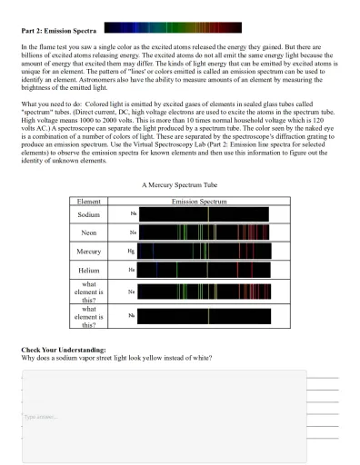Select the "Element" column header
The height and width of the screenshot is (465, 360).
(x=89, y=201)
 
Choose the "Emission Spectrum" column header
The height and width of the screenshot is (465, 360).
(x=199, y=201)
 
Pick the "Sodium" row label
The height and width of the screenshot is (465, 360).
(x=89, y=214)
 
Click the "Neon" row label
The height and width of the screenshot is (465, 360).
(x=89, y=233)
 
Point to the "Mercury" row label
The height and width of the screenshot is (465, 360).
(x=89, y=252)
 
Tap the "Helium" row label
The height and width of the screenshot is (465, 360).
(x=89, y=270)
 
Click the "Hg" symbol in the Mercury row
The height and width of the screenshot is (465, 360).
(x=131, y=252)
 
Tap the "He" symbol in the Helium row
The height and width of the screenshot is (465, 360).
(x=131, y=270)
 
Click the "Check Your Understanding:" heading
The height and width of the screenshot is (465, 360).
(x=64, y=350)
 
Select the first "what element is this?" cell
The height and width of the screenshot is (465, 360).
(x=89, y=292)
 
